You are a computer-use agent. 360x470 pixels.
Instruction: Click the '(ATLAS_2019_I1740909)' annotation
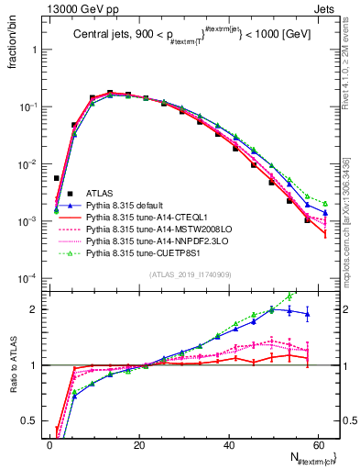click(x=189, y=274)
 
